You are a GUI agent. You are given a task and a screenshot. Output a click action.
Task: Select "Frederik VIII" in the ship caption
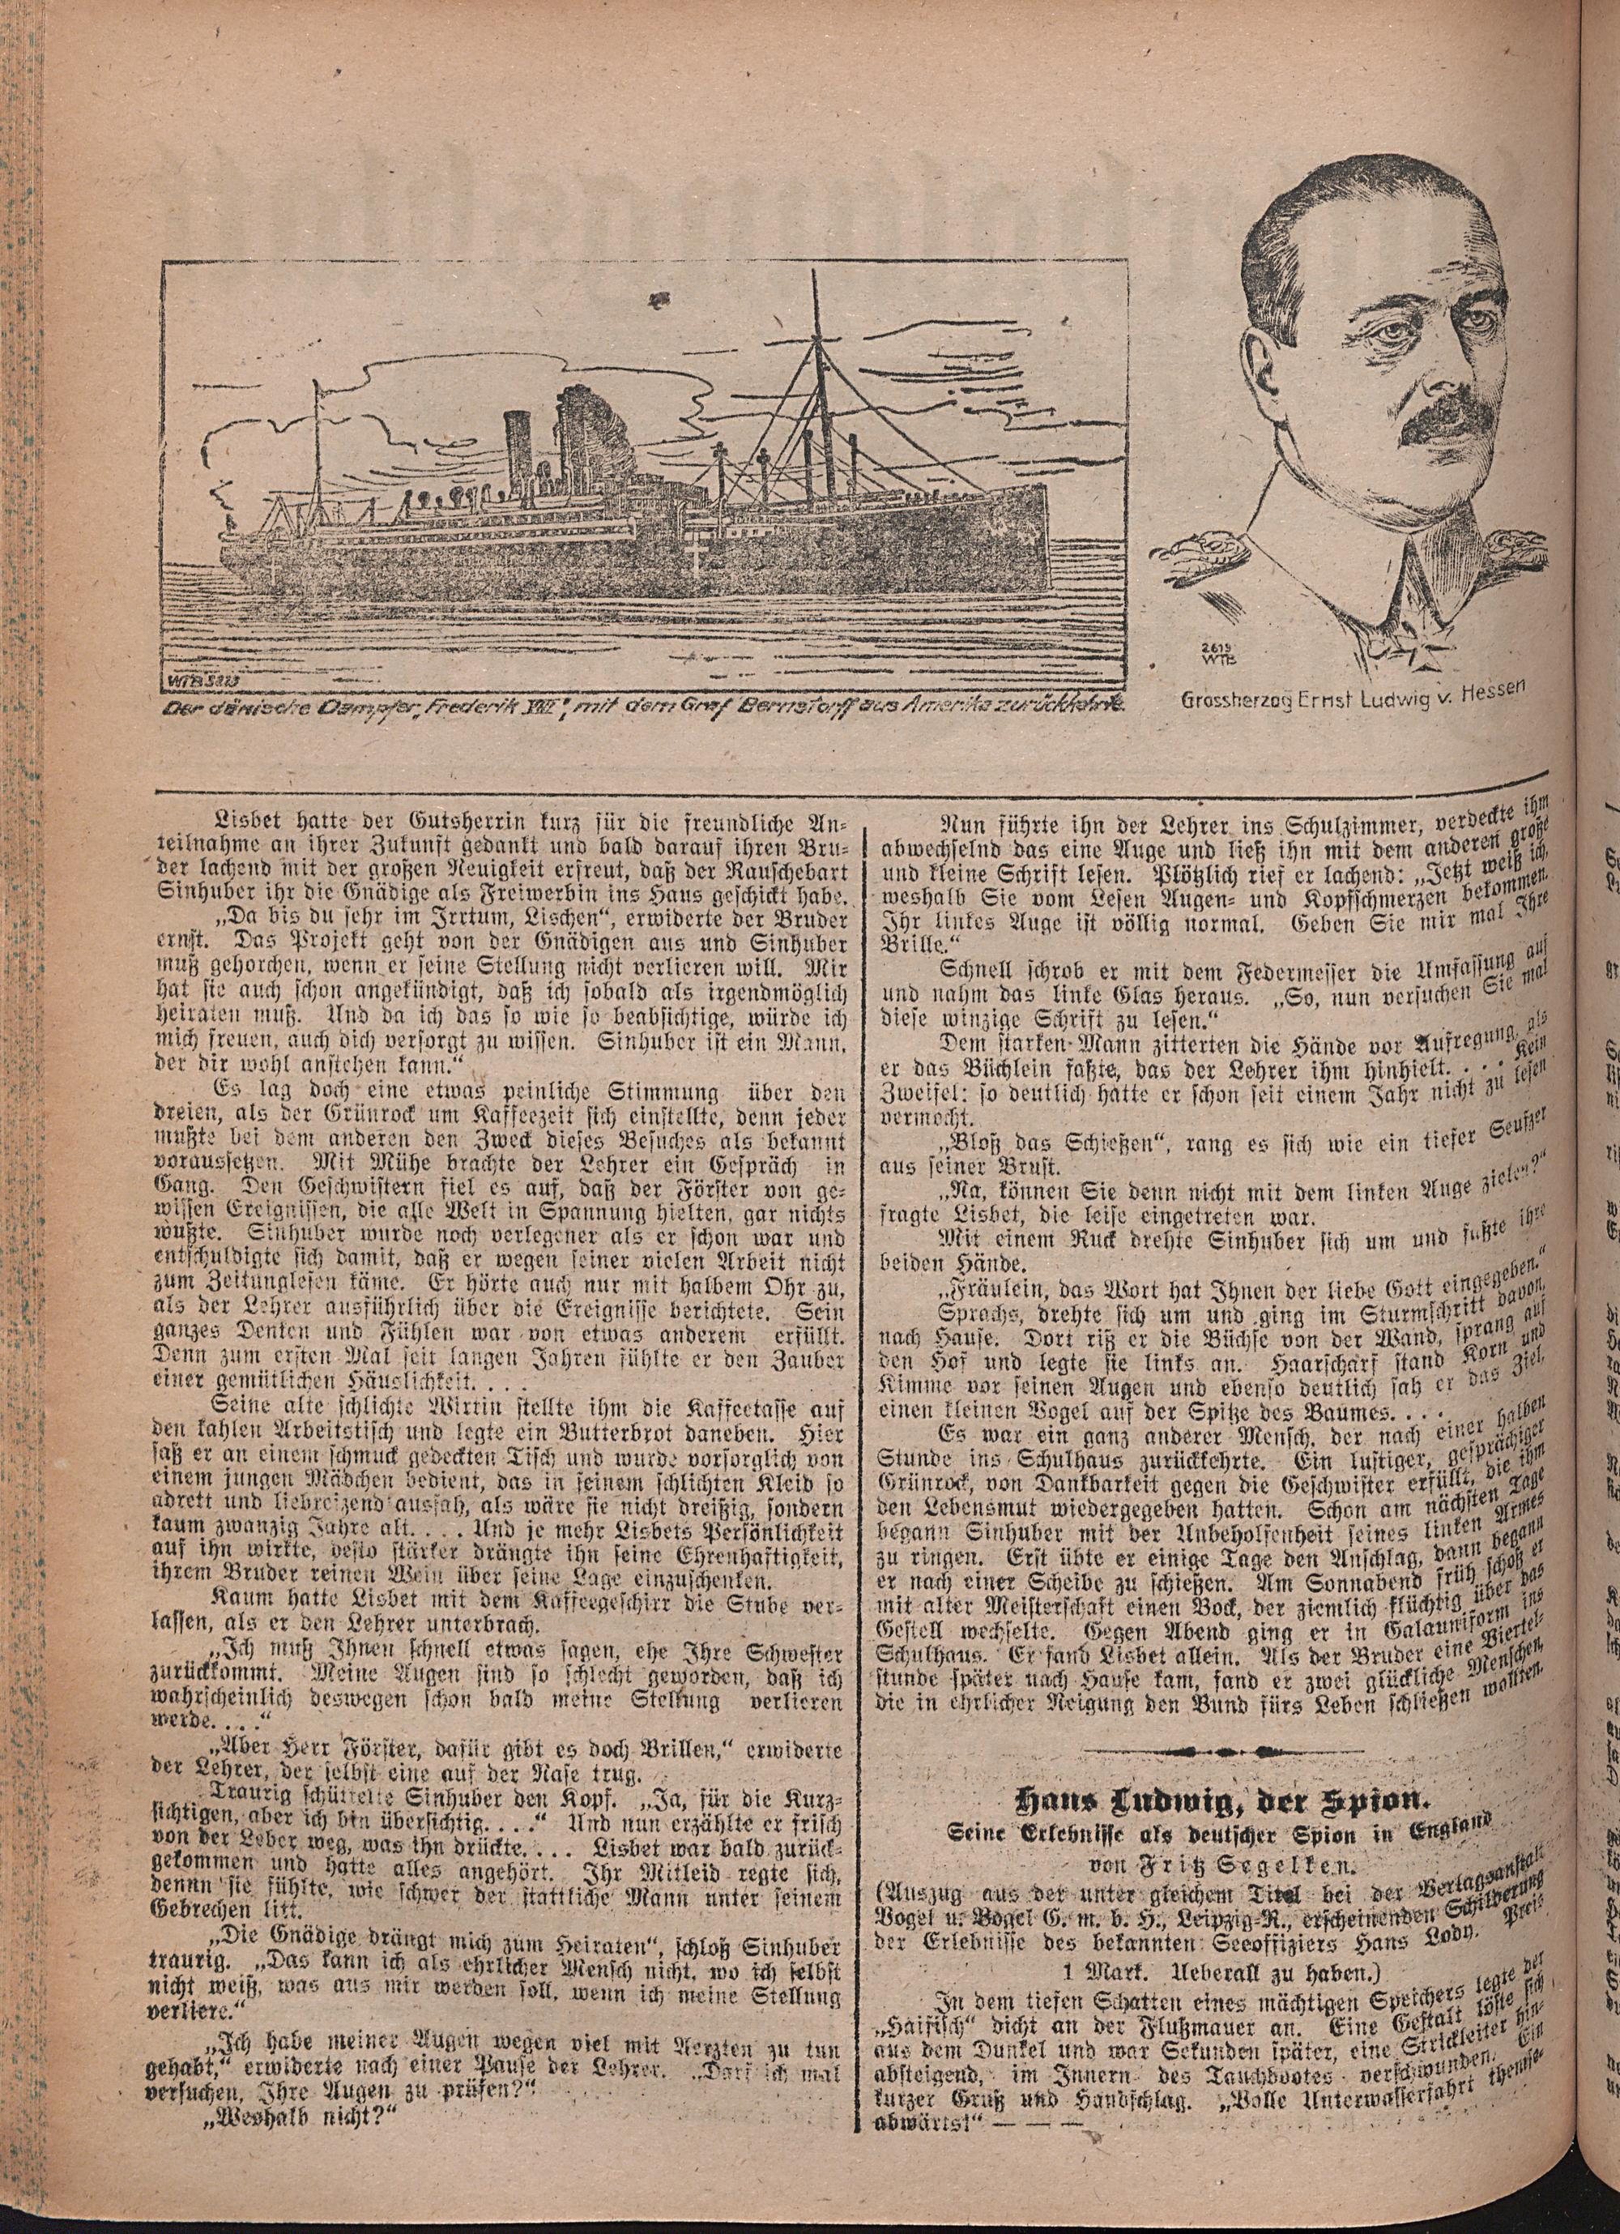coord(482,707)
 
